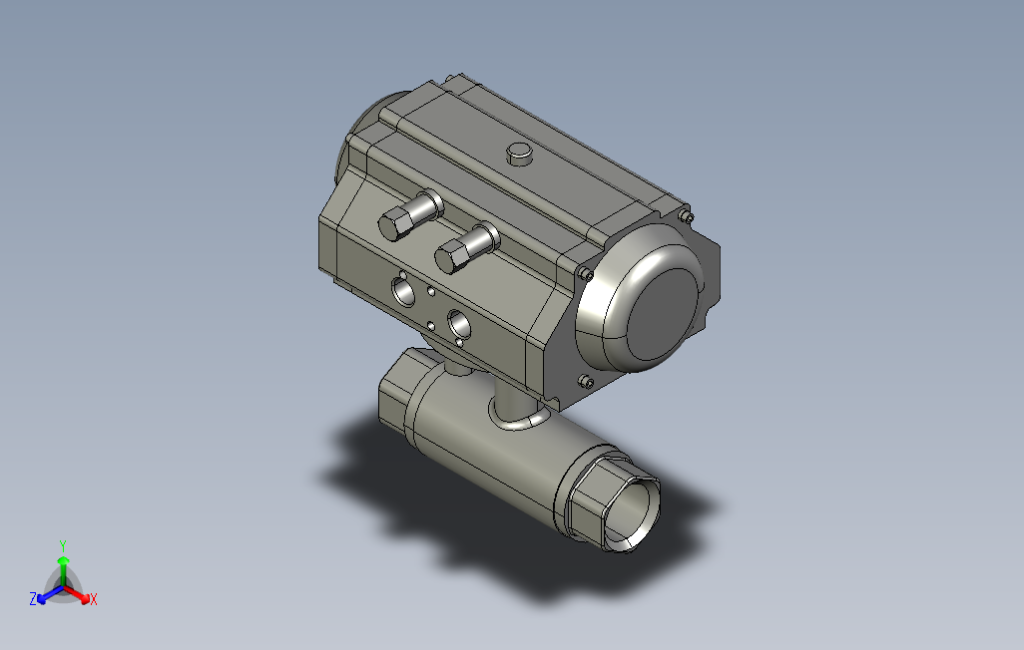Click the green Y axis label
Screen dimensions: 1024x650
[x=63, y=545]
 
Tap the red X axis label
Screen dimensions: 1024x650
[x=94, y=598]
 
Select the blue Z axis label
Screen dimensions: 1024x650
[x=33, y=598]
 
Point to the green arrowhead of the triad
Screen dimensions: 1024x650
[x=63, y=560]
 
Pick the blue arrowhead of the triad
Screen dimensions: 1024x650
[x=42, y=598]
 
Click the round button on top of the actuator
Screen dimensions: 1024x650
[x=520, y=154]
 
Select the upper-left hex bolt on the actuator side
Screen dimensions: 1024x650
[x=409, y=215]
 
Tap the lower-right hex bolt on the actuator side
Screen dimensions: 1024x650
[x=466, y=248]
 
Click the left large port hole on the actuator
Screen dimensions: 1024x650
[x=403, y=291]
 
